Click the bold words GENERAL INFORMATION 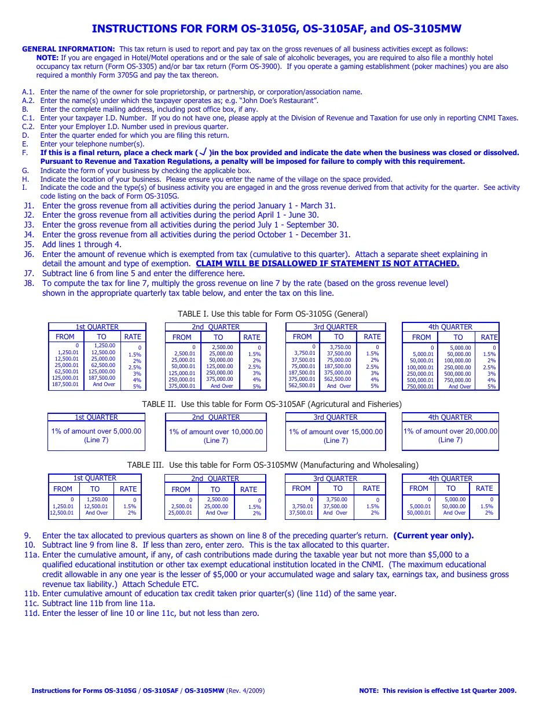pyautogui.click(x=68, y=49)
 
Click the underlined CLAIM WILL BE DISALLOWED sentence pyautogui.click(x=328, y=263)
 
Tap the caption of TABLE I pyautogui.click(x=273, y=314)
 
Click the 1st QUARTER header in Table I pyautogui.click(x=97, y=327)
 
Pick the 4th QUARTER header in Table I pyautogui.click(x=450, y=327)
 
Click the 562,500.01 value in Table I pyautogui.click(x=302, y=386)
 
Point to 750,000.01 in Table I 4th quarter pyautogui.click(x=420, y=387)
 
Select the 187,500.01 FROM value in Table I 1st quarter pyautogui.click(x=65, y=384)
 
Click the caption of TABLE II pyautogui.click(x=272, y=404)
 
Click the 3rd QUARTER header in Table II pyautogui.click(x=335, y=417)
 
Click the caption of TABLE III pyautogui.click(x=273, y=465)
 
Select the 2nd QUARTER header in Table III pyautogui.click(x=215, y=479)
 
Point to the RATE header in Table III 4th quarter pyautogui.click(x=484, y=489)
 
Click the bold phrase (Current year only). pyautogui.click(x=434, y=535)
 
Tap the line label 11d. pyautogui.click(x=32, y=613)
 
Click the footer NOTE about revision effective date pyautogui.click(x=438, y=691)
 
